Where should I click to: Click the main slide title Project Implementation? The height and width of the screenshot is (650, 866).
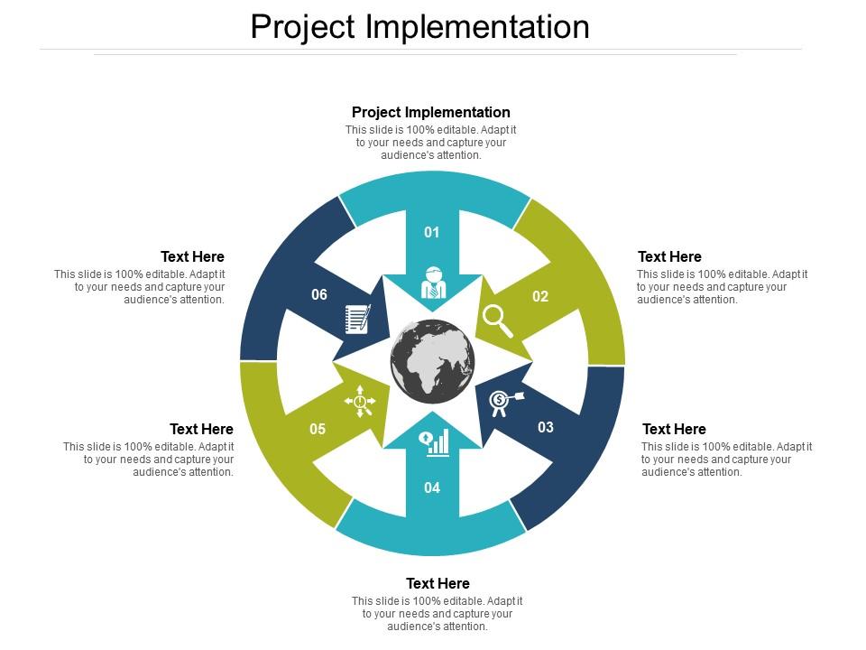pos(419,27)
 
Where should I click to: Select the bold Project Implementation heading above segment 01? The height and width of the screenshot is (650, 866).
pos(430,113)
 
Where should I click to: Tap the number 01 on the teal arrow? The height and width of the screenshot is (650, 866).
pos(432,232)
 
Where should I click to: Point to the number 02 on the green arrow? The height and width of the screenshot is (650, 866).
pos(540,296)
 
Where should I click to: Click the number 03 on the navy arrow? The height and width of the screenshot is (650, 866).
pos(546,427)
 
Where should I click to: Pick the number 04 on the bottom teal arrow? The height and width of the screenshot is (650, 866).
pos(432,487)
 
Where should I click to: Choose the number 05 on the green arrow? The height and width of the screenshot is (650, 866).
pos(318,429)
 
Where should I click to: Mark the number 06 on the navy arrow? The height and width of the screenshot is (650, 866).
pos(319,294)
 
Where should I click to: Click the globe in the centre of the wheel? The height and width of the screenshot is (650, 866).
pos(432,361)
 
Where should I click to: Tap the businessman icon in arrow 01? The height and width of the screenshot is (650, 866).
pos(433,283)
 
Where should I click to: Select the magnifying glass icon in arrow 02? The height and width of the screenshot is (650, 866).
pos(498,320)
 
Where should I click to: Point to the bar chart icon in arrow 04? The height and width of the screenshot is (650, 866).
pos(434,441)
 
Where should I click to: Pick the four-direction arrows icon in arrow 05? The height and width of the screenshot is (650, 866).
pos(360,401)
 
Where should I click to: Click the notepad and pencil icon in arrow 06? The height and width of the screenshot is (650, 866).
pos(358,319)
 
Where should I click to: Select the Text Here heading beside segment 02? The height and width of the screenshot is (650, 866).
pos(669,257)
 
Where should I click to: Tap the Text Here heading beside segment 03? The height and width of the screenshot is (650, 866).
pos(674,429)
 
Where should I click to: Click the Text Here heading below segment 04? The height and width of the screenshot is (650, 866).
pos(438,583)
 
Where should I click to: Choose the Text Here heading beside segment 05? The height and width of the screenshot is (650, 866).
pos(201,429)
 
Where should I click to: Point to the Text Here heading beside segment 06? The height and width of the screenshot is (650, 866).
pos(192,257)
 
